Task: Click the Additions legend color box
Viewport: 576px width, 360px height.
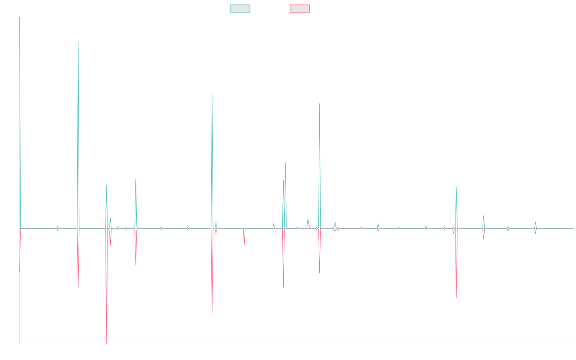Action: point(240,9)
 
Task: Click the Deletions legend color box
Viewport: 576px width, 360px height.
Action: point(300,9)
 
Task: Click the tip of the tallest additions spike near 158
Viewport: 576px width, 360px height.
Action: point(78,42)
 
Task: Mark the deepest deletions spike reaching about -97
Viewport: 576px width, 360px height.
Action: point(107,343)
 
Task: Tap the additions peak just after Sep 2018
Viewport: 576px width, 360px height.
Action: point(212,94)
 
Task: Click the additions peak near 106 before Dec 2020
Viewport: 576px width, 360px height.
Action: point(320,103)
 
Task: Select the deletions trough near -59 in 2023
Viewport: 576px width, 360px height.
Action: point(456,298)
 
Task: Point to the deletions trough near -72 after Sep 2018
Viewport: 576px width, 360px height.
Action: point(212,313)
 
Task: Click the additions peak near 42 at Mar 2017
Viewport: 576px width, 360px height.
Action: point(136,179)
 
